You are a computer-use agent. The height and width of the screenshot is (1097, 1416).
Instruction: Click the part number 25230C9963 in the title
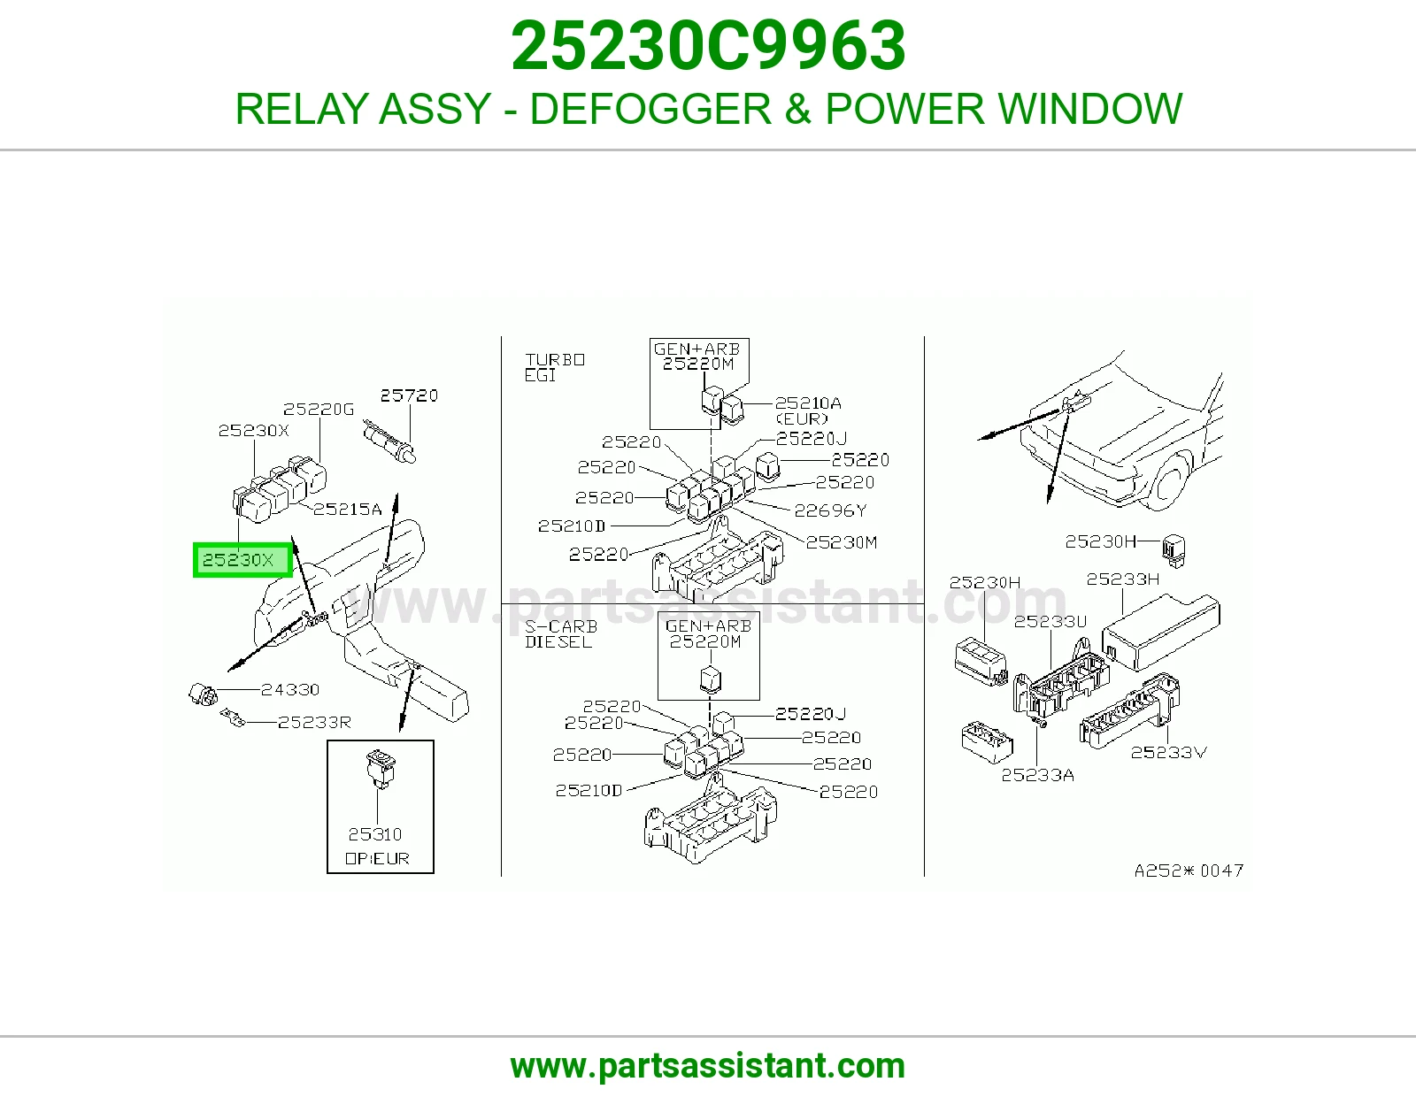[x=708, y=46]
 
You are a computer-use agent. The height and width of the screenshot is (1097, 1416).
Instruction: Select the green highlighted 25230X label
[x=242, y=560]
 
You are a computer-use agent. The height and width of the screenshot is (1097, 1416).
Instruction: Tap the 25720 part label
[x=409, y=395]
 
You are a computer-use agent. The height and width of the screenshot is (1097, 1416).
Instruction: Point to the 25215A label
[x=347, y=510]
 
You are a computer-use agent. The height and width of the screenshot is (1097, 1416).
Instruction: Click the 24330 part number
[x=290, y=690]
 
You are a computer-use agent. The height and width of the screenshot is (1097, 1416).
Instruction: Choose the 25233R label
[x=314, y=723]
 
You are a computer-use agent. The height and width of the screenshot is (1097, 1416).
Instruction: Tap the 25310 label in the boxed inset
[x=374, y=834]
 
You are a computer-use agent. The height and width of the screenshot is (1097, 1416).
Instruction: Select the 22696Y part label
[x=830, y=510]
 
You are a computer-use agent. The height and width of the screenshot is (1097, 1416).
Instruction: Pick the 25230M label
[x=842, y=542]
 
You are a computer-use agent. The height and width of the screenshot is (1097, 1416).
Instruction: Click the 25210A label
[x=808, y=403]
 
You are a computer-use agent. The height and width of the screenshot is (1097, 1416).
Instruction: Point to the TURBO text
[x=555, y=359]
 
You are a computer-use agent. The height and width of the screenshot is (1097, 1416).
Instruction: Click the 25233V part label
[x=1168, y=752]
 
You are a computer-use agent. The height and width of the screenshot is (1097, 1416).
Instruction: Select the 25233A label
[x=1037, y=775]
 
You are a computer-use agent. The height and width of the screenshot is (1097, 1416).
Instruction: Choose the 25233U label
[x=1050, y=621]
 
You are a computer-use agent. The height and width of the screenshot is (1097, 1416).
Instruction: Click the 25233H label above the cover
[x=1123, y=579]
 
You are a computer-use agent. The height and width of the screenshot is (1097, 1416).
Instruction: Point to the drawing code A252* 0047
[x=1189, y=871]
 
